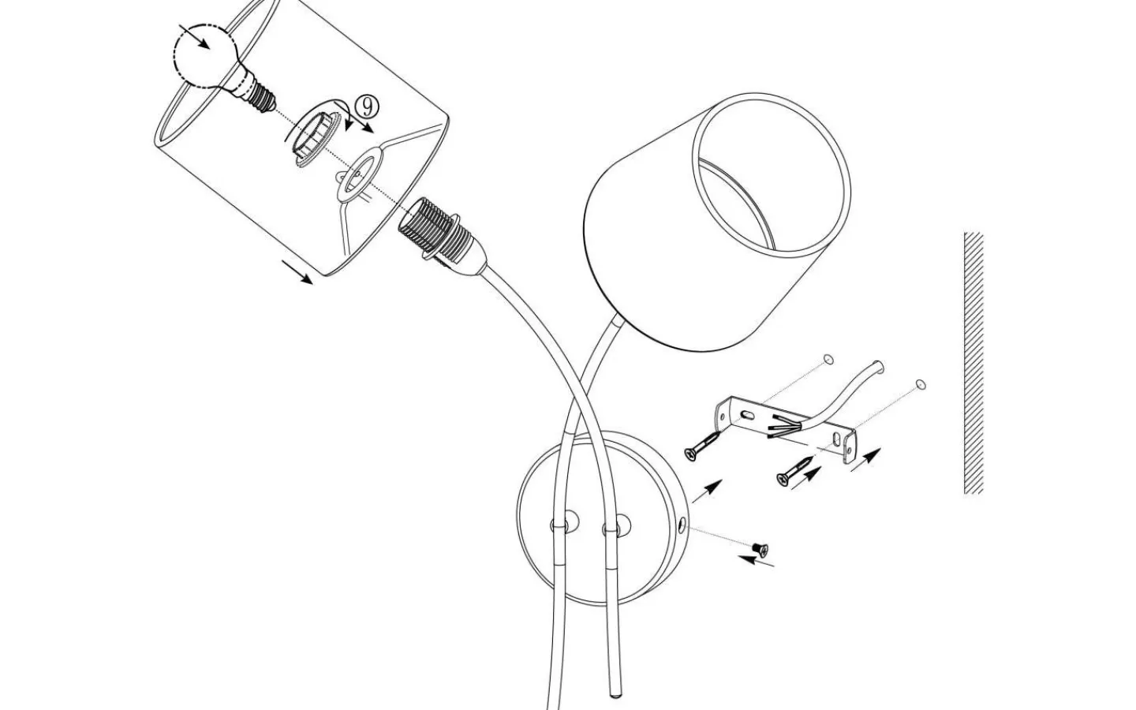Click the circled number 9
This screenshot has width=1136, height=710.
point(367,106)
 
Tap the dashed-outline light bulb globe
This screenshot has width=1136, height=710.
point(205,56)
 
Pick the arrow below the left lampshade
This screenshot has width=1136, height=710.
point(297,272)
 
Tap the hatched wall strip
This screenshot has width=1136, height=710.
point(973,363)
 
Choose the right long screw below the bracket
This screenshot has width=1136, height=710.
point(794,471)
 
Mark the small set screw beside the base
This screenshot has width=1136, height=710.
point(760,549)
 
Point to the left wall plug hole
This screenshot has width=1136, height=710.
point(828,360)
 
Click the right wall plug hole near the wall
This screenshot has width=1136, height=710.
point(921,384)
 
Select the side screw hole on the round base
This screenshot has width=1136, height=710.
point(682,525)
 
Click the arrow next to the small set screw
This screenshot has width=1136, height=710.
point(756,561)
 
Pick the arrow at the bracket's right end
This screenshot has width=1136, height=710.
point(865,459)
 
